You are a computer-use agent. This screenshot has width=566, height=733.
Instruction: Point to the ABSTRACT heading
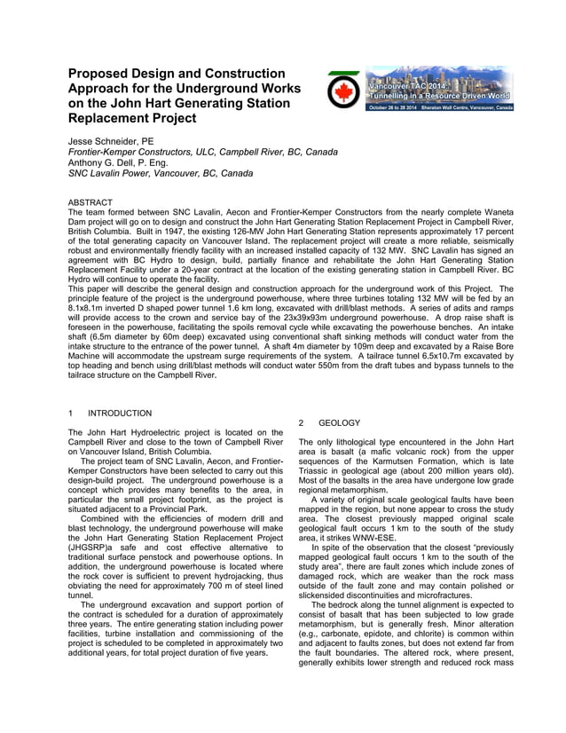90,203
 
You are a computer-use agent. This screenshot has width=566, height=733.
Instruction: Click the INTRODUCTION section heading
120,414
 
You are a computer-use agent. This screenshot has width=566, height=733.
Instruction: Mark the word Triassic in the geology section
319,473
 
